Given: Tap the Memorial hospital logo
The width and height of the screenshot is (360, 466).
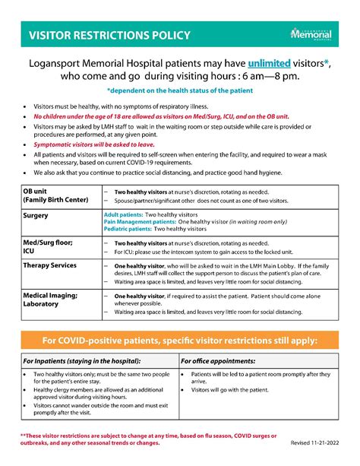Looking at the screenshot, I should point(311,35).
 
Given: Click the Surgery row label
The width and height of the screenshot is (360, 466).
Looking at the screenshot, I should point(39,216).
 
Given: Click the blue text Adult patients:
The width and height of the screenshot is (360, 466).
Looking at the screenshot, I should point(122,215).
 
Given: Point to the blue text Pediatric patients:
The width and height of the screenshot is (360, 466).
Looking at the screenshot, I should point(128,229).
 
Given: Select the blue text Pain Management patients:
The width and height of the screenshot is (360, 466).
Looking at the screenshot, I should point(141,222).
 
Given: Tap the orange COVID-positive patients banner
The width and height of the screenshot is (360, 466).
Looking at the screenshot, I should point(180,338).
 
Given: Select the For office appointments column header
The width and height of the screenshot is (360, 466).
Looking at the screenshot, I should point(218,361).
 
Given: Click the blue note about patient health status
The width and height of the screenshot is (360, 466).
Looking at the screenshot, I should point(179,90).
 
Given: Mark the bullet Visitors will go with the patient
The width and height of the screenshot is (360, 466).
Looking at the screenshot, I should point(231,389).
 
